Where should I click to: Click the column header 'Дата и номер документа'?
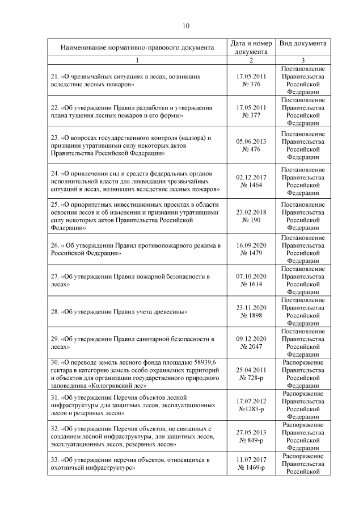point(251,48)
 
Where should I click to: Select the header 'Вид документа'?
point(303,44)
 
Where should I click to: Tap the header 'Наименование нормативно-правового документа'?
point(137,48)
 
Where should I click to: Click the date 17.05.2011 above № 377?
point(251,107)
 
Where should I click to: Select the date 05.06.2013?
point(251,142)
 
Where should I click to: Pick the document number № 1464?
point(251,185)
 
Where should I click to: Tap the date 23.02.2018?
point(251,212)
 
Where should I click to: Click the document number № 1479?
point(251,253)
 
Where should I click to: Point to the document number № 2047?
point(251,346)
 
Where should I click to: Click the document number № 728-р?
point(251,378)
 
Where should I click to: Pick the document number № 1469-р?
point(251,467)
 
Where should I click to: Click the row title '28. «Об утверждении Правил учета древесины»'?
point(123,312)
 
